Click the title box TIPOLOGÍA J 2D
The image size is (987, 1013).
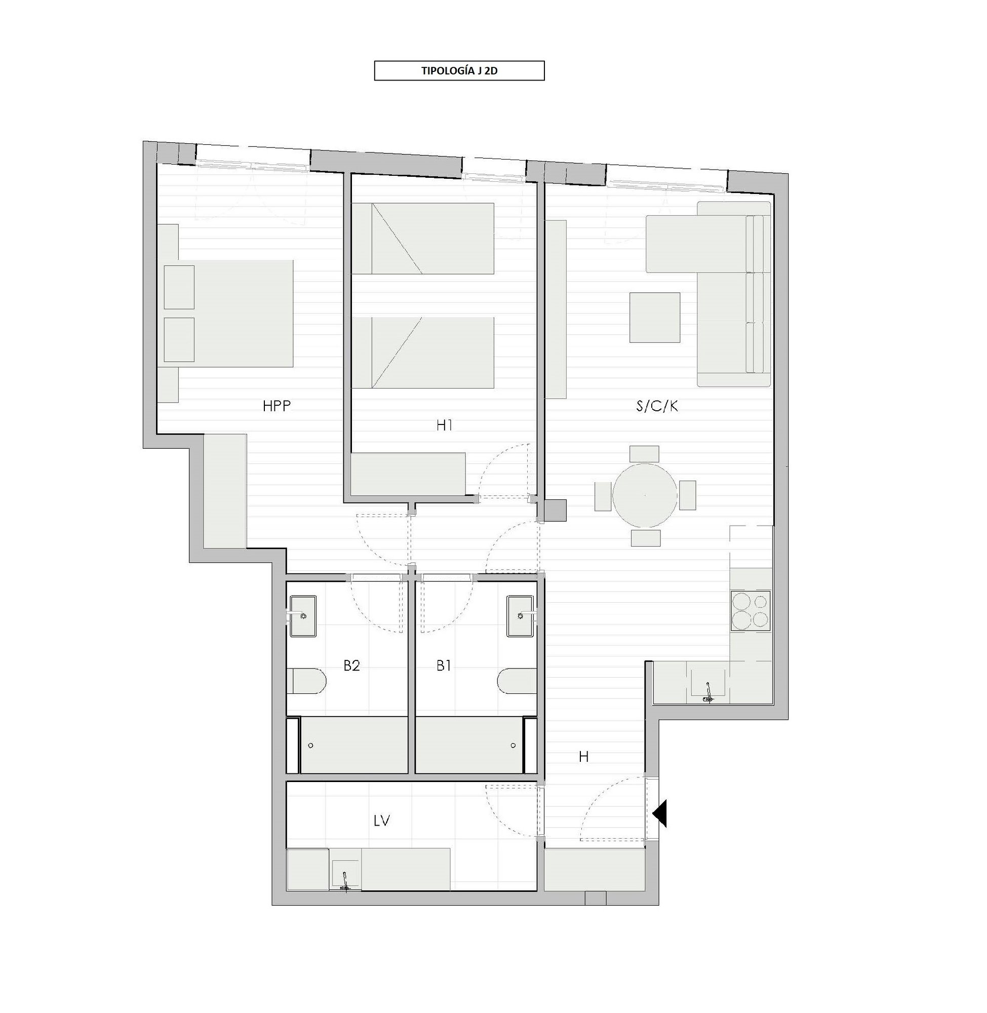click(459, 70)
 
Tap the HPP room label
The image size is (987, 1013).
click(277, 406)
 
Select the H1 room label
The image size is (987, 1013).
click(445, 425)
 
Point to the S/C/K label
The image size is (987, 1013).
click(657, 406)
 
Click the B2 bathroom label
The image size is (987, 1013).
click(351, 666)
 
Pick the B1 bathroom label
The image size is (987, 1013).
click(443, 666)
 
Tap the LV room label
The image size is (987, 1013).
click(381, 820)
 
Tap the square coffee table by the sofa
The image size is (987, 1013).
click(655, 317)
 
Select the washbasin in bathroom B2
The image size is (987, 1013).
click(303, 616)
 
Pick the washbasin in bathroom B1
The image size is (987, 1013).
click(521, 616)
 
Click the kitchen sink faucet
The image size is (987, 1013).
click(708, 692)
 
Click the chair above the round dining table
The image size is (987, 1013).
click(644, 454)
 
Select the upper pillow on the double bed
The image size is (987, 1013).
click(179, 287)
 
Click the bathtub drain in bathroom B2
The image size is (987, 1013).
click(310, 746)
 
